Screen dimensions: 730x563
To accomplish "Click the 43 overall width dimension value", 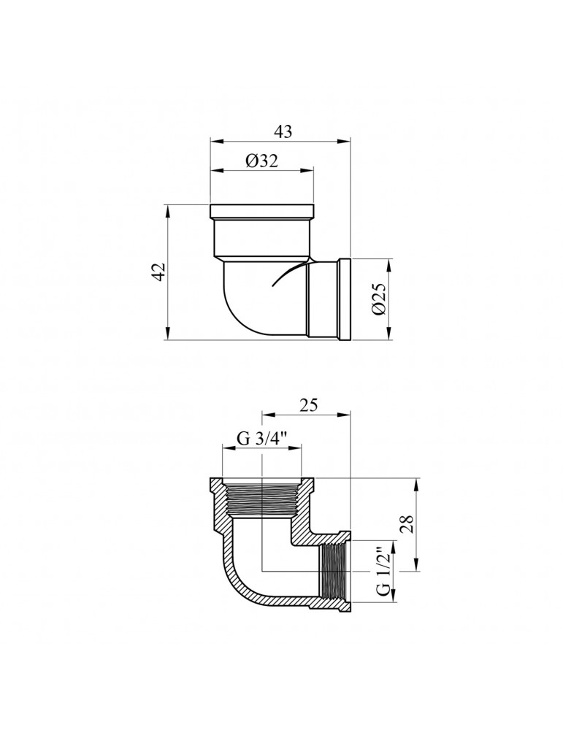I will click(283, 131).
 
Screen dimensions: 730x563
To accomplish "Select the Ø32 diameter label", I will click(261, 162).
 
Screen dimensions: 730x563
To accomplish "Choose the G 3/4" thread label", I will click(261, 439).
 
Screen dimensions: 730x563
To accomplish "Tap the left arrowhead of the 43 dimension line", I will click(213, 141).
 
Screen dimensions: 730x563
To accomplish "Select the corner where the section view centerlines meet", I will click(261, 572).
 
